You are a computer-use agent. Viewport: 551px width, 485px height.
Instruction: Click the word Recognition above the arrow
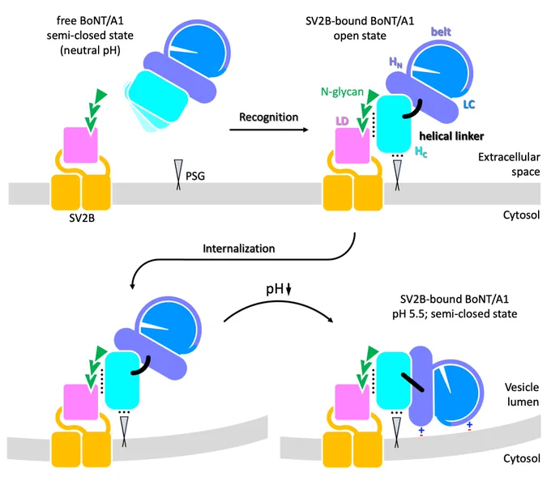click(x=268, y=117)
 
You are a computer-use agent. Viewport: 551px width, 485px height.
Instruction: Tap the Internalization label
click(x=238, y=249)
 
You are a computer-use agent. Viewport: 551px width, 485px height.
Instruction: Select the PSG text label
click(x=195, y=176)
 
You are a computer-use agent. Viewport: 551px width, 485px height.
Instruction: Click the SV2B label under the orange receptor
click(x=82, y=218)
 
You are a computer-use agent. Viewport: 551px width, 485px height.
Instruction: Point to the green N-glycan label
click(x=342, y=92)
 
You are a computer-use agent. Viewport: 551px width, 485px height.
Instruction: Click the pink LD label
click(x=342, y=121)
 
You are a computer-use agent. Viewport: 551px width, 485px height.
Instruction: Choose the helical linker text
click(x=451, y=136)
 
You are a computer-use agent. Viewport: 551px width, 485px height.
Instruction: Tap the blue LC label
click(x=469, y=104)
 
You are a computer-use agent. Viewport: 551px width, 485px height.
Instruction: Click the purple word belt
click(x=441, y=32)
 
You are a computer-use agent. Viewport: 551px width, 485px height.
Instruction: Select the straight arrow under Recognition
click(x=269, y=130)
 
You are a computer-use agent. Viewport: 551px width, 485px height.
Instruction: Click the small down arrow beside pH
click(x=288, y=290)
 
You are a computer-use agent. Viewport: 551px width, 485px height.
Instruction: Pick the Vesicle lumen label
click(x=522, y=394)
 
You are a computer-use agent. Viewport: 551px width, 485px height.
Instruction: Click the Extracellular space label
click(x=509, y=164)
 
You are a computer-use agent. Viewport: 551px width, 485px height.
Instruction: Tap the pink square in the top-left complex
click(x=80, y=145)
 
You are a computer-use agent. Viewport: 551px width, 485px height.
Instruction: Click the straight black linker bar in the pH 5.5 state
click(x=412, y=382)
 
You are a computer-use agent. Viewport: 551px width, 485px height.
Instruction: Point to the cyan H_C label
click(x=421, y=152)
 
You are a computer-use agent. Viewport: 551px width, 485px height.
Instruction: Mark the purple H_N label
click(x=395, y=62)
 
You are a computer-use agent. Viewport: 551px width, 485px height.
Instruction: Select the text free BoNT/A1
click(x=90, y=21)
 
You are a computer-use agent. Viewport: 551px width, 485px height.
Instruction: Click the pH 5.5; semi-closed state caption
click(x=455, y=313)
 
